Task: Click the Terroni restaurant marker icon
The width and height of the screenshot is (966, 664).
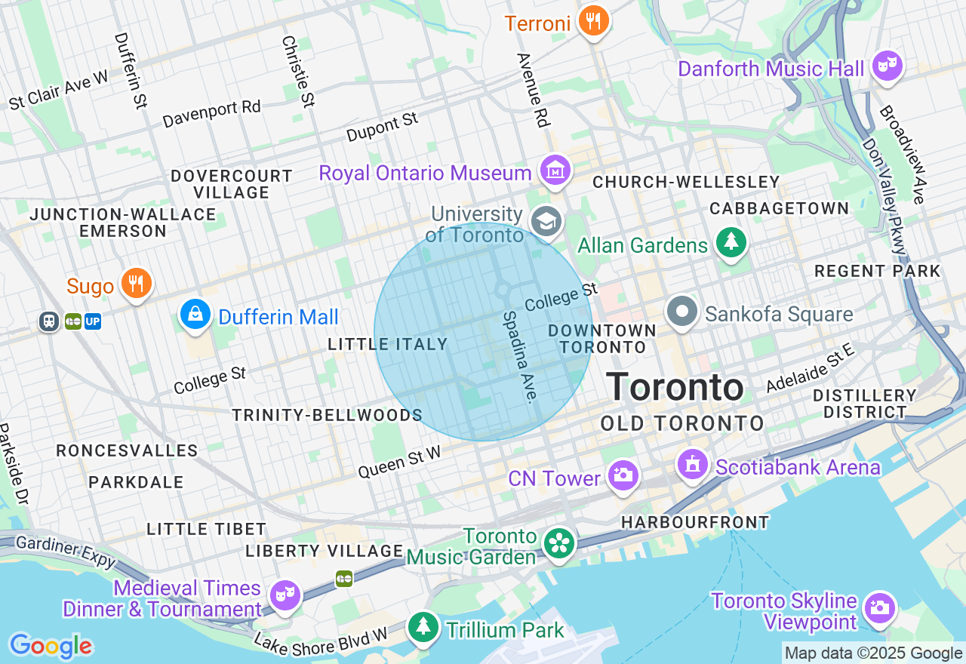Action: tap(594, 21)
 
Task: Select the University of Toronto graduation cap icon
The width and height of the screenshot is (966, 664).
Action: tap(545, 222)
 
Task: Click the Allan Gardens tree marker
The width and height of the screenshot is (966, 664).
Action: tap(731, 242)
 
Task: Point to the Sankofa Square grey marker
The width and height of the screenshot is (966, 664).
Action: tap(682, 312)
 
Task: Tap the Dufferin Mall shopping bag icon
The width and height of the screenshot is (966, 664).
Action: tap(195, 314)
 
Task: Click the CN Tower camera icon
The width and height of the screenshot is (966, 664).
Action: tap(623, 475)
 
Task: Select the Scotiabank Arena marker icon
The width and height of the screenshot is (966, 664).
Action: tap(692, 465)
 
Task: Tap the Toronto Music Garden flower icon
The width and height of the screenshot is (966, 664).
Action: tap(559, 543)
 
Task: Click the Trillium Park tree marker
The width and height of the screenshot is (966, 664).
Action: tap(423, 626)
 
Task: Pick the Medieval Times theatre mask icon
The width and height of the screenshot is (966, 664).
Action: tap(285, 596)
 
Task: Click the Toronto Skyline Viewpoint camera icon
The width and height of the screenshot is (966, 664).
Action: tap(879, 607)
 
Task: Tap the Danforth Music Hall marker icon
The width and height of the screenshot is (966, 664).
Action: tap(888, 66)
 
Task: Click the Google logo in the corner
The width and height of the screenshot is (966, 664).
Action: tap(51, 646)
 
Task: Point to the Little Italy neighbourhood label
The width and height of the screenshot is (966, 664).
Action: tap(388, 344)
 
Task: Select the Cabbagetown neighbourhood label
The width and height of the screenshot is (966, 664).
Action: tap(780, 208)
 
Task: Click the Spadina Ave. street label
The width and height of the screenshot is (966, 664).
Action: tap(521, 356)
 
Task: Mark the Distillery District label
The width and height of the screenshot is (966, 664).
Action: tap(865, 404)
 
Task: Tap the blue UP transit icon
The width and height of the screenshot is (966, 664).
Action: tap(93, 322)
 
